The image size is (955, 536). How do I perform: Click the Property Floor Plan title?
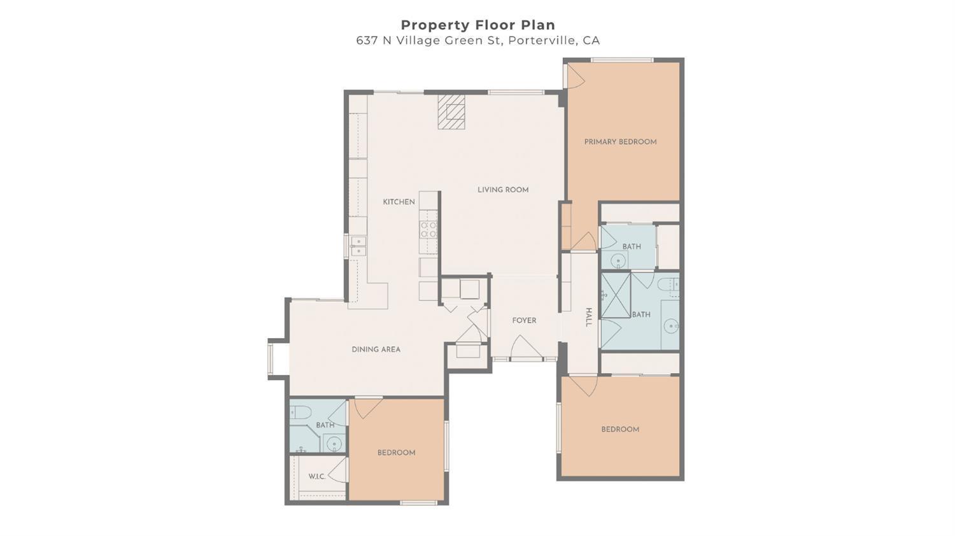478,25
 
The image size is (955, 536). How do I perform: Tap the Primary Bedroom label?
620,142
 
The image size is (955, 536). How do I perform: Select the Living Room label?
503,190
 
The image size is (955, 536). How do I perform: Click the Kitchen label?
399,202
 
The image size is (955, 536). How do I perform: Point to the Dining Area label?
376,349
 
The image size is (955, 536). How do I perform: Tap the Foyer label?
524,321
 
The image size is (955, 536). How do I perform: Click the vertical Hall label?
588,317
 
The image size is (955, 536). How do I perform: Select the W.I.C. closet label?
316,477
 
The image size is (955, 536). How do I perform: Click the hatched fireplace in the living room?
451,112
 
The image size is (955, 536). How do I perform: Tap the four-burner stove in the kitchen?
428,230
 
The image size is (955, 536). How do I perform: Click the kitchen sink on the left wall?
358,246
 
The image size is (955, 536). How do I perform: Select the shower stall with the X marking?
616,295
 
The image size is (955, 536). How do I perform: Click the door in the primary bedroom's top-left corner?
575,76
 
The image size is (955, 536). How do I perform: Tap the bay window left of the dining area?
271,359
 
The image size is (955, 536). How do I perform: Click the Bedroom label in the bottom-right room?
620,430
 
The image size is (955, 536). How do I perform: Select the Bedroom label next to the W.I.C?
396,453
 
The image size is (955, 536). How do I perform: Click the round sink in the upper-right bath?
618,260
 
